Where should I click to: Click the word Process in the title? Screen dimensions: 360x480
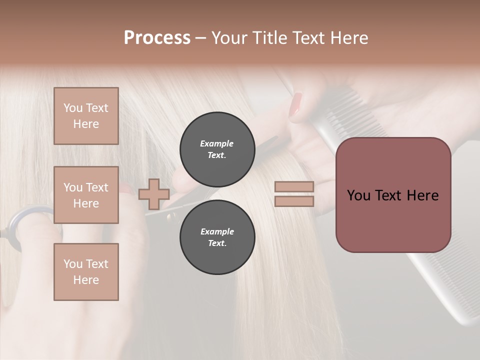point(157,38)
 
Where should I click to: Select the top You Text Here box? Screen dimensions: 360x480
point(86,116)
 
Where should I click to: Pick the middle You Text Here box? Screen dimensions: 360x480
point(86,195)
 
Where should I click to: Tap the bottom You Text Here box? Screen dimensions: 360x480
point(86,271)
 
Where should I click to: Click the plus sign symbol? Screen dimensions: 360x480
point(153,194)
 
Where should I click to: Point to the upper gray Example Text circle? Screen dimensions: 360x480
point(217,149)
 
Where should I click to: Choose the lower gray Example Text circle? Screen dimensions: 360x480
point(217,237)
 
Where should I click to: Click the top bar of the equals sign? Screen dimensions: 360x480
point(294,186)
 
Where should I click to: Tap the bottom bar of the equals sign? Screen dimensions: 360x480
point(294,201)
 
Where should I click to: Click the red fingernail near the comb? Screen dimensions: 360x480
point(296,105)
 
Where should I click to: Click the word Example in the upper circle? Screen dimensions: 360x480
point(217,143)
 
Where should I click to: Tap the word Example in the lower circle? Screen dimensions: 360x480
point(217,231)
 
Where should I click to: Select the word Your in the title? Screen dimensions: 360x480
point(230,38)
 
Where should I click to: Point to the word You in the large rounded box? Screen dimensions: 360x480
point(359,195)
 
